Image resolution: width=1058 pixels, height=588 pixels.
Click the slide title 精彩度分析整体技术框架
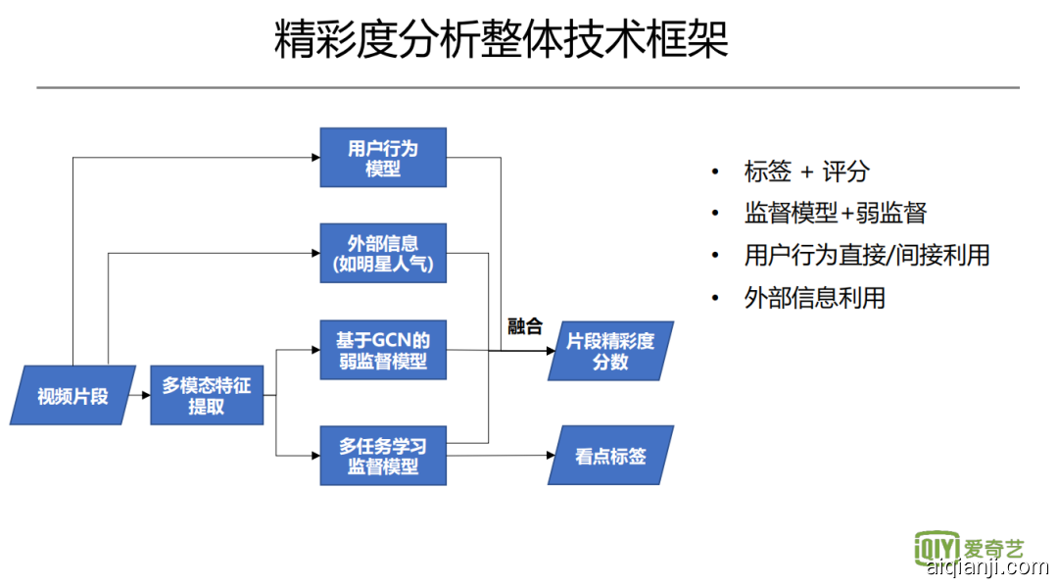point(501,41)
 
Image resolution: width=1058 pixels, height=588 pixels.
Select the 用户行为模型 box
point(383,158)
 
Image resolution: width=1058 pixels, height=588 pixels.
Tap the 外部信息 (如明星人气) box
point(383,254)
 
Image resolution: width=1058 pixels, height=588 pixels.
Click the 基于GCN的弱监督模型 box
point(383,350)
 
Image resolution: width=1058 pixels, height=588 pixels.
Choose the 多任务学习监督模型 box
point(383,456)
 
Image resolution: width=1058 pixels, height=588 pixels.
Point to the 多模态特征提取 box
point(207,396)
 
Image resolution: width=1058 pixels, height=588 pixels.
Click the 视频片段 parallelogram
point(72,396)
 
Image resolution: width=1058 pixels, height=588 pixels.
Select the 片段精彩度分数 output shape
point(610,351)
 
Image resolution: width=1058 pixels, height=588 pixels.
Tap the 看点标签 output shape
point(610,456)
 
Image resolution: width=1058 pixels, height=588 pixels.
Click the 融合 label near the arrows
point(525,326)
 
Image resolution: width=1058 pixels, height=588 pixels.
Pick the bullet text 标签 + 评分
point(806,171)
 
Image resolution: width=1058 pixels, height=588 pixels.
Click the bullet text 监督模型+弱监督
point(835,213)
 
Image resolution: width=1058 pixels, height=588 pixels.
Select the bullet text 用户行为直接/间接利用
point(866,255)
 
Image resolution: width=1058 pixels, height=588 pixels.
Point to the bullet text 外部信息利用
point(814,297)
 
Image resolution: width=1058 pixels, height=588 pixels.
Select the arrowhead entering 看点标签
point(550,456)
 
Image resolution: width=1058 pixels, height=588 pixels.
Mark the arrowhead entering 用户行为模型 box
point(314,158)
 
